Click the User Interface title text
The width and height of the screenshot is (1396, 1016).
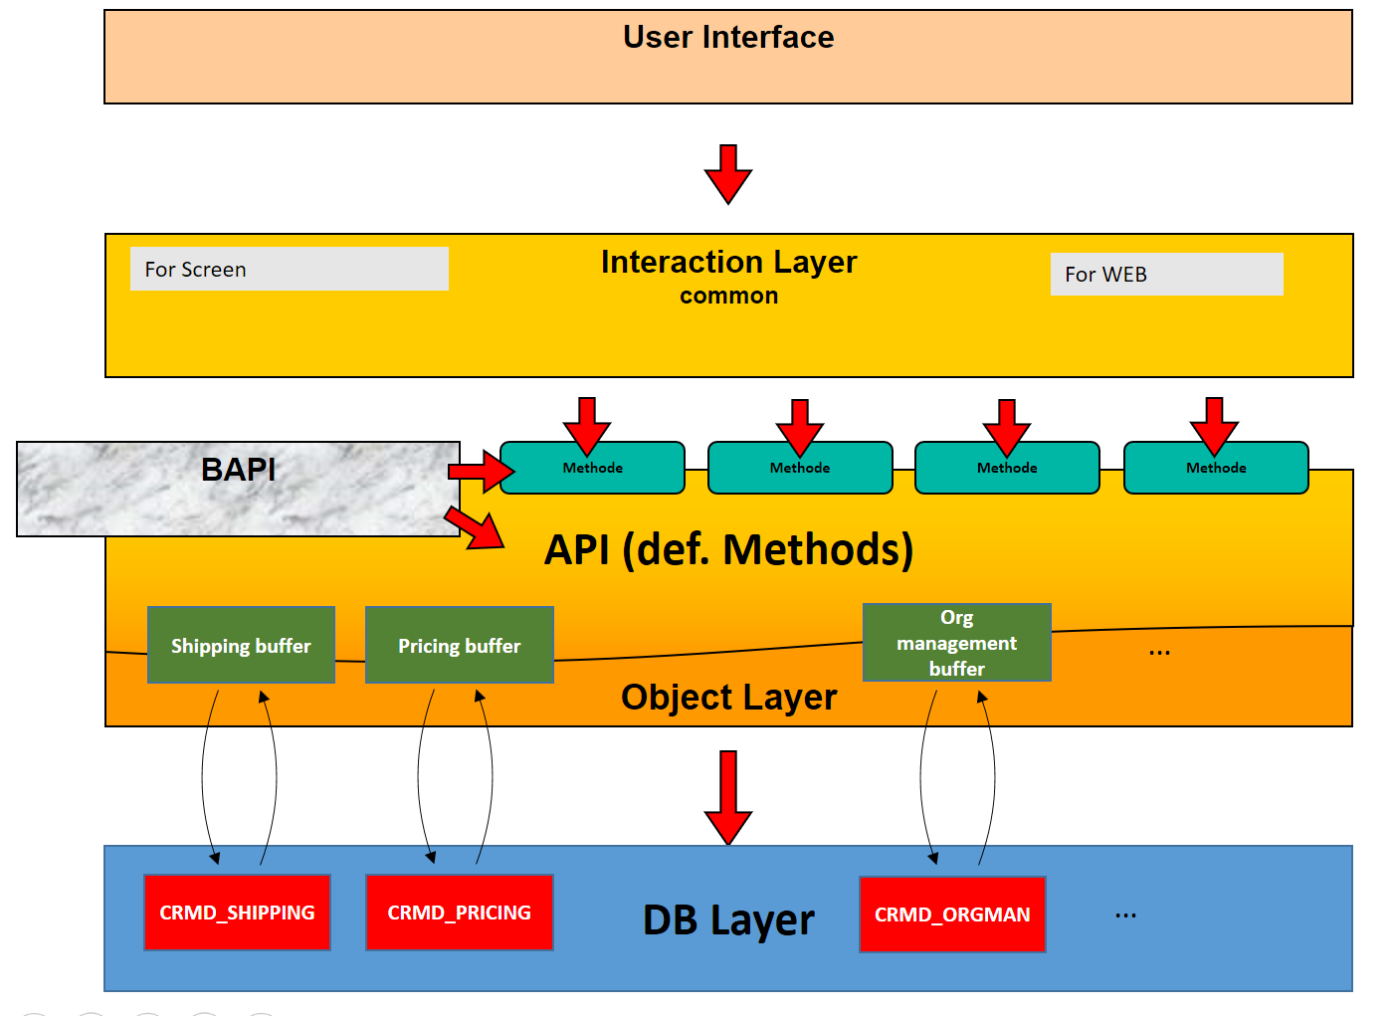(x=728, y=38)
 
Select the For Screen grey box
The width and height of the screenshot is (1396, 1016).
(x=289, y=269)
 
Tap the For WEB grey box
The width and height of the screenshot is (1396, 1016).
(x=1166, y=274)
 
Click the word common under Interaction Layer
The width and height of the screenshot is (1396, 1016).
(x=728, y=297)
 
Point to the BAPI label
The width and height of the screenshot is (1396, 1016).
(x=239, y=470)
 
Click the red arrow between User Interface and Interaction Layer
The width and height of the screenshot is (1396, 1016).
(x=728, y=173)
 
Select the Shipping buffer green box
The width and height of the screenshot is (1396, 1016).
(x=241, y=645)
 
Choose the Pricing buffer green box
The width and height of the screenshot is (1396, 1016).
(x=459, y=645)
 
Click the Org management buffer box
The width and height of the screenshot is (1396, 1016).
(x=956, y=643)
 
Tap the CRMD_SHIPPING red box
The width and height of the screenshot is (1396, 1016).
(x=237, y=913)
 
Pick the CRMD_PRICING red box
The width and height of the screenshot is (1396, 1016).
(x=459, y=913)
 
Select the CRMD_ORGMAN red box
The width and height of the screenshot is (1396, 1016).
(x=952, y=914)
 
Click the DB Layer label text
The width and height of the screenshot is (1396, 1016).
(x=728, y=920)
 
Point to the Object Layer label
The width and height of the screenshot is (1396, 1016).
(x=728, y=698)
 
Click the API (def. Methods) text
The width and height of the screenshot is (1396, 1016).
(x=728, y=549)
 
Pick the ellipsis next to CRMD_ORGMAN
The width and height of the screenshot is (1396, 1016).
(x=1125, y=914)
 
